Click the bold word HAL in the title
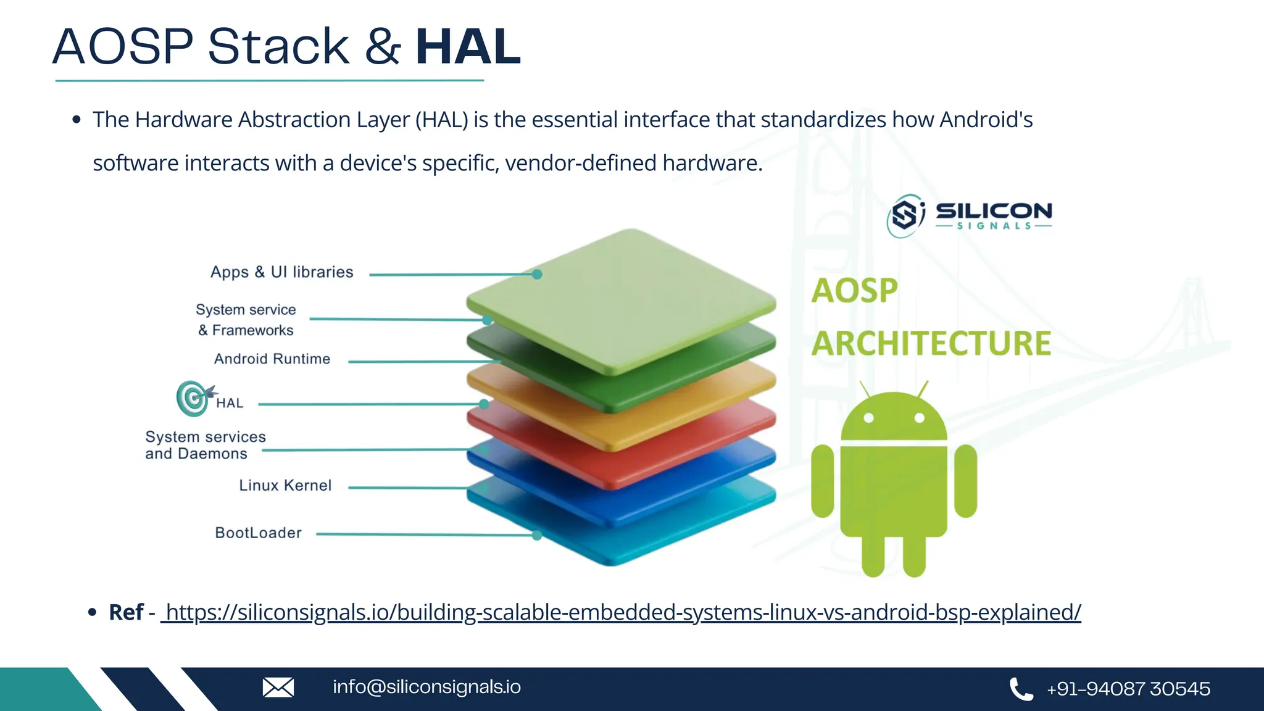click(x=468, y=47)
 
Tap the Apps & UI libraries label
click(x=281, y=272)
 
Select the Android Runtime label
click(x=272, y=359)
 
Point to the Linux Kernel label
click(x=285, y=486)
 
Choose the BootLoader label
click(x=258, y=533)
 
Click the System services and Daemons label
click(x=205, y=446)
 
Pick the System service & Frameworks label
click(x=246, y=320)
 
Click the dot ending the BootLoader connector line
click(x=537, y=536)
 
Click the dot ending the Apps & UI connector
click(x=537, y=274)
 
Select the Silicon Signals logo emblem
click(x=905, y=215)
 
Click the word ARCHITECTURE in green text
click(x=931, y=344)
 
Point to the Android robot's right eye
click(x=919, y=418)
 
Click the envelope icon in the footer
click(x=278, y=688)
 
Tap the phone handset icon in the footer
click(x=1021, y=689)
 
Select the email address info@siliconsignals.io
click(x=426, y=687)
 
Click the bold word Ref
click(x=126, y=612)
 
